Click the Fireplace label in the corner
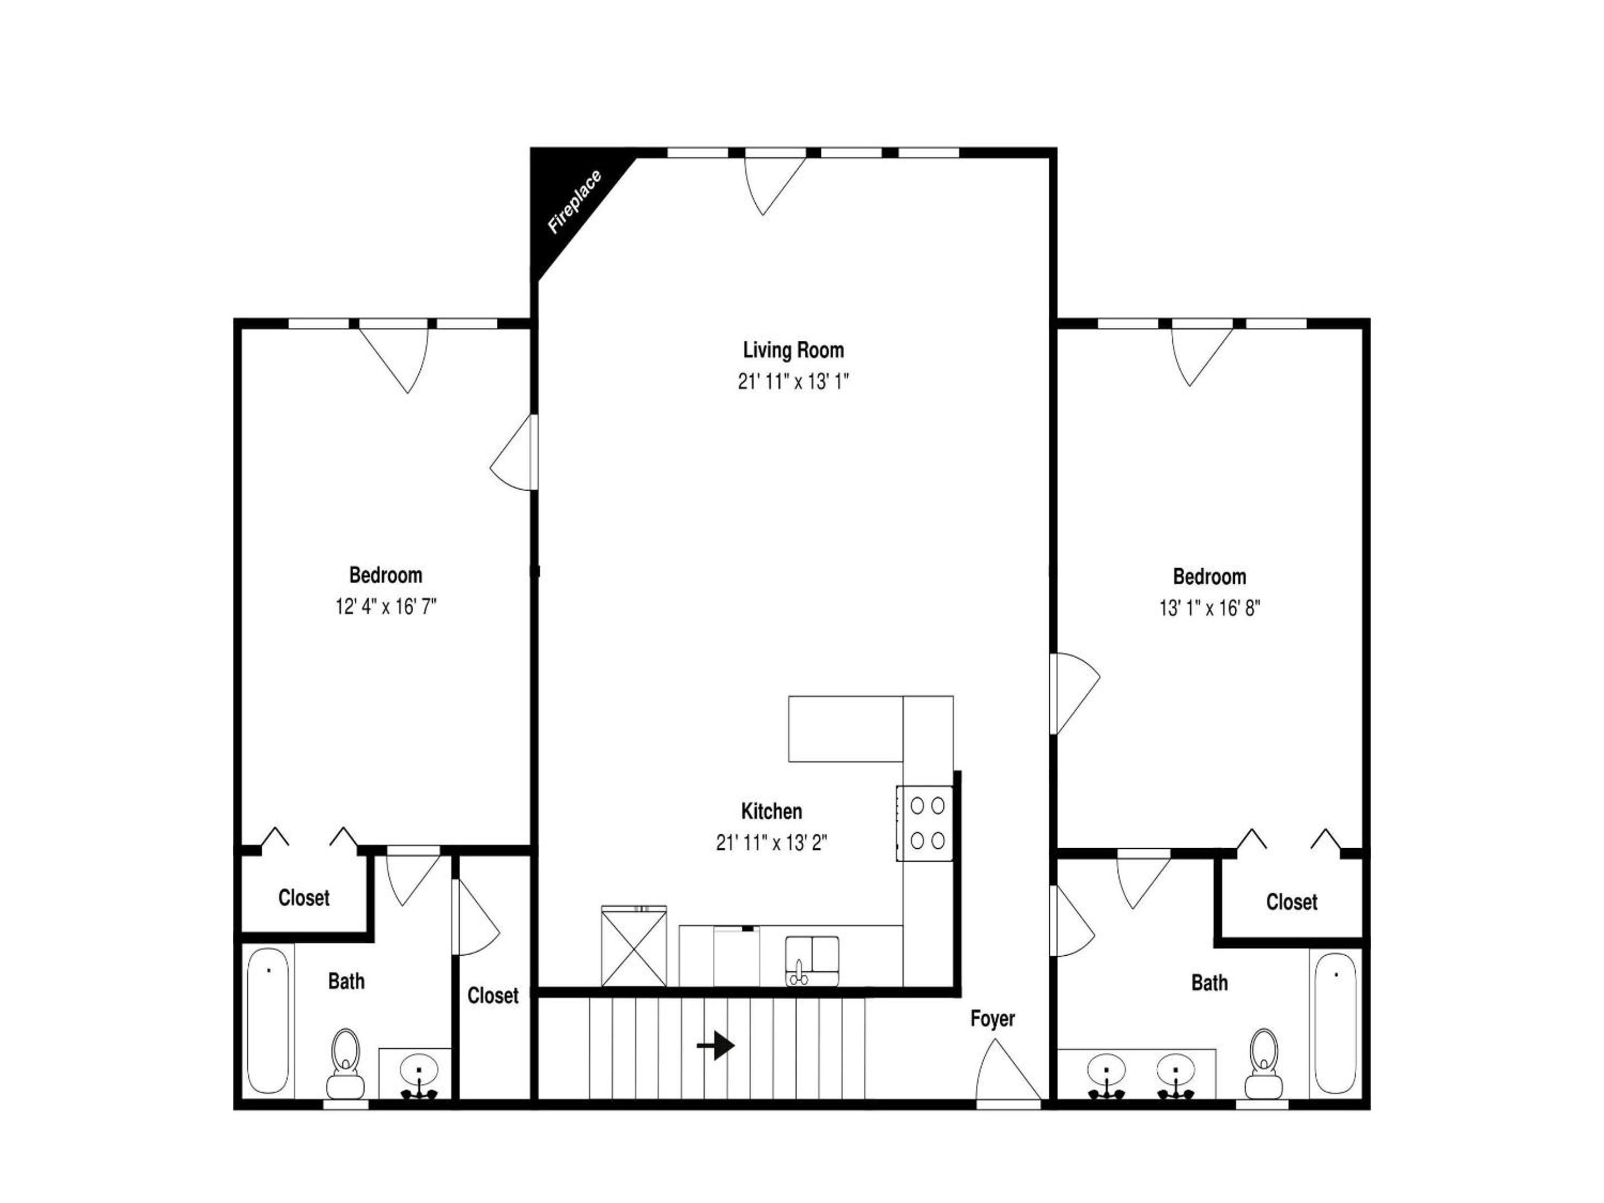coord(574,202)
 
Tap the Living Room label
coord(793,350)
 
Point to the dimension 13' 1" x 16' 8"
coord(1210,608)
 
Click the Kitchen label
coord(771,811)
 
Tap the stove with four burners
coord(925,823)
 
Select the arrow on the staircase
coord(716,1045)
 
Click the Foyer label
coord(992,1019)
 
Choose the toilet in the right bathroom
coord(1264,1064)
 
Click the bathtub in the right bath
coord(1336,1023)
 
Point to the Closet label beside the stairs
coord(493,996)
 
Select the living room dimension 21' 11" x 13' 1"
coord(793,382)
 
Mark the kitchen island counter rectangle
coord(845,728)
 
